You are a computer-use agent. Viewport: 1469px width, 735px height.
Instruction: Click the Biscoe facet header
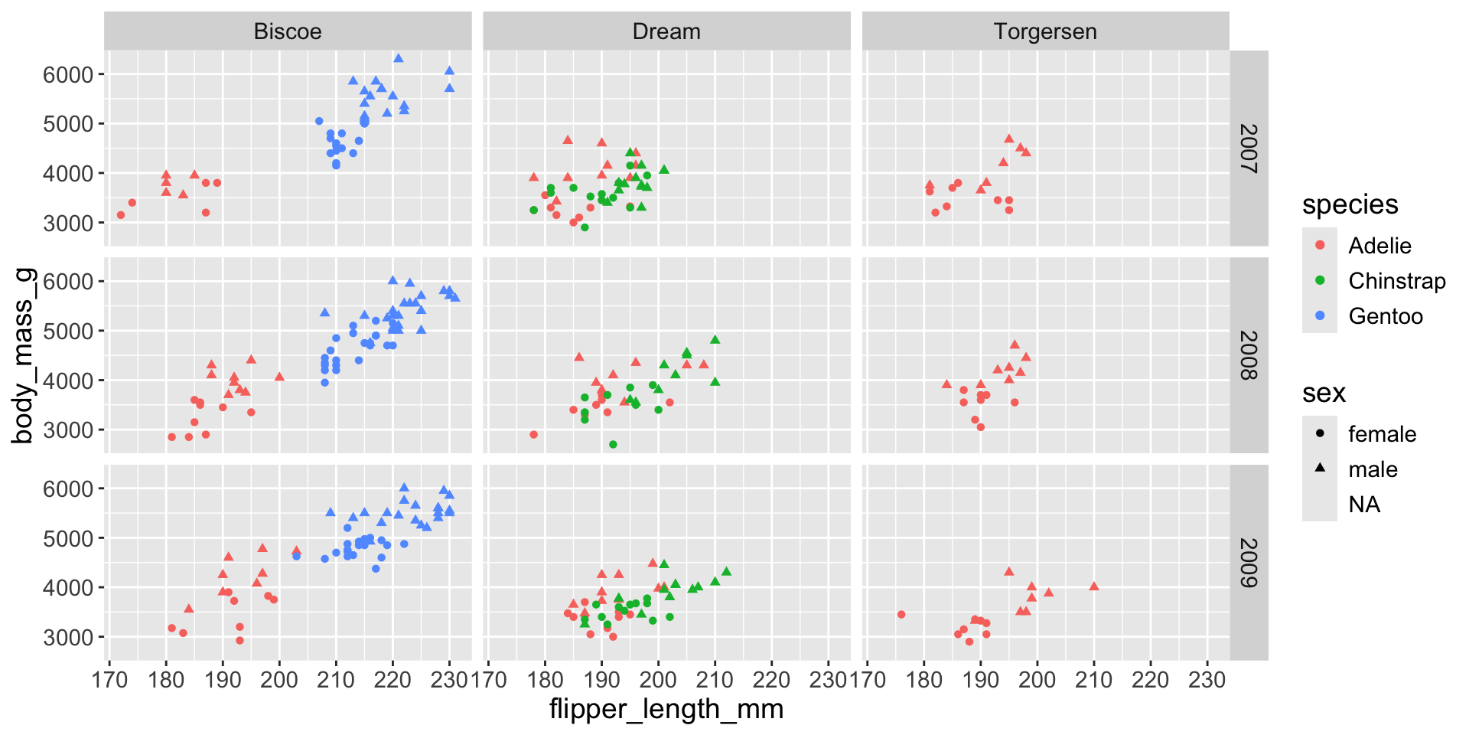click(x=288, y=31)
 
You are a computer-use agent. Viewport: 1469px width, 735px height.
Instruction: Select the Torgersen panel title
click(x=1045, y=31)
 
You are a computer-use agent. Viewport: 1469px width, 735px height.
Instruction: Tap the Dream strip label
click(x=666, y=31)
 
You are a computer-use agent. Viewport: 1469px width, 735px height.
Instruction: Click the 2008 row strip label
click(x=1249, y=355)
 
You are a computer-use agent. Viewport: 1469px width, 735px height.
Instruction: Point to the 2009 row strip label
click(x=1249, y=563)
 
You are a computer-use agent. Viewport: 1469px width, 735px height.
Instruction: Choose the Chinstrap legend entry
click(x=1396, y=281)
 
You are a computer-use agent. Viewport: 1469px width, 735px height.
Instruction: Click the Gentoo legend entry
click(x=1385, y=316)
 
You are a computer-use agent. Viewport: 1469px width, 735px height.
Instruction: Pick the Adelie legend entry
click(x=1379, y=246)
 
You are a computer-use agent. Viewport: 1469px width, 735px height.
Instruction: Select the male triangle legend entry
click(x=1373, y=469)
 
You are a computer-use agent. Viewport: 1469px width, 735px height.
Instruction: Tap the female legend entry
click(x=1382, y=434)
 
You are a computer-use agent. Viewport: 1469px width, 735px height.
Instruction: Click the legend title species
click(x=1350, y=204)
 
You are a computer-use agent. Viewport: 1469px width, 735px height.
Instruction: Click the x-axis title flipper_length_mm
click(x=666, y=709)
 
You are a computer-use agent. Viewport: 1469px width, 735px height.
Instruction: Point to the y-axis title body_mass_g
click(x=23, y=355)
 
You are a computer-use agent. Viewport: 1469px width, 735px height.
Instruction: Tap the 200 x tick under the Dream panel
click(x=658, y=680)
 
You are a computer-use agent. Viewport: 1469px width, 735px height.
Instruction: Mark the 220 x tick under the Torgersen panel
click(x=1151, y=680)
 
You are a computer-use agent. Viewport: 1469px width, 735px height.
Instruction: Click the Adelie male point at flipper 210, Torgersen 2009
click(x=1094, y=586)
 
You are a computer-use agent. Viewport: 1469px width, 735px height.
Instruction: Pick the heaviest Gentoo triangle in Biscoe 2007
click(x=399, y=58)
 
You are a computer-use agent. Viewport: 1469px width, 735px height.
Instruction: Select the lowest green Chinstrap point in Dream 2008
click(x=613, y=444)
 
